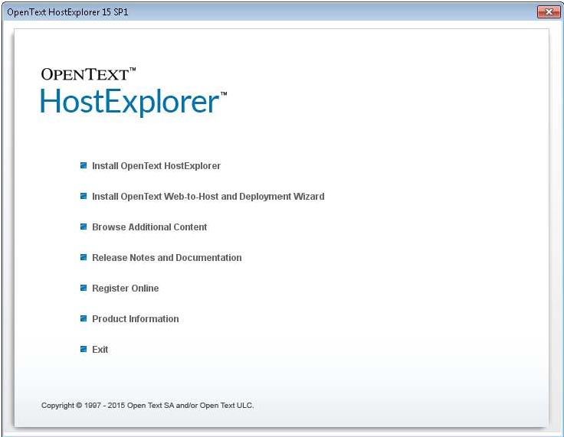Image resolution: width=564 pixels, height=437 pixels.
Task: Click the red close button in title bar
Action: click(548, 12)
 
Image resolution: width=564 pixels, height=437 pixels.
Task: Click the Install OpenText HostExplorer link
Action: click(156, 166)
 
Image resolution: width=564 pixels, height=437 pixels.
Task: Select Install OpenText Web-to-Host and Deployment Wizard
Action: click(208, 197)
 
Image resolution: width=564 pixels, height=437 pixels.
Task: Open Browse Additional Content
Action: click(149, 227)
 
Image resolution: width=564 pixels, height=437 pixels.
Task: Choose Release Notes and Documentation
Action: click(166, 258)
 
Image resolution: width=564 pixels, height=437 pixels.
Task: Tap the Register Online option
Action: click(125, 289)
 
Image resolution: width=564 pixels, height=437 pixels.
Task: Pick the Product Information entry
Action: click(135, 319)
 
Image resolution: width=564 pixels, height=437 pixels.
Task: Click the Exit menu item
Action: click(100, 350)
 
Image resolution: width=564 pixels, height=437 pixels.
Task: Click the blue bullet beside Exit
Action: click(84, 349)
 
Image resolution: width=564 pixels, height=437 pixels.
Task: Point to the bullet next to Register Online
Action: click(84, 288)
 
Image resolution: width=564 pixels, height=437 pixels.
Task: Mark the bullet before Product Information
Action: click(84, 318)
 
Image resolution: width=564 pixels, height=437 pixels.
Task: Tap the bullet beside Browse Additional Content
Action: click(84, 227)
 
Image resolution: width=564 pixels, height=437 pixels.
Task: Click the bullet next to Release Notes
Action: click(84, 257)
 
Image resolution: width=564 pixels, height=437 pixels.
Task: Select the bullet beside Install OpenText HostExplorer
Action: click(84, 165)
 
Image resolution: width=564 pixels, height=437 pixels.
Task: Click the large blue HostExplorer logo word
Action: click(130, 102)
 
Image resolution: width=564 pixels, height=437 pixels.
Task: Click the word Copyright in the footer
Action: click(57, 406)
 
